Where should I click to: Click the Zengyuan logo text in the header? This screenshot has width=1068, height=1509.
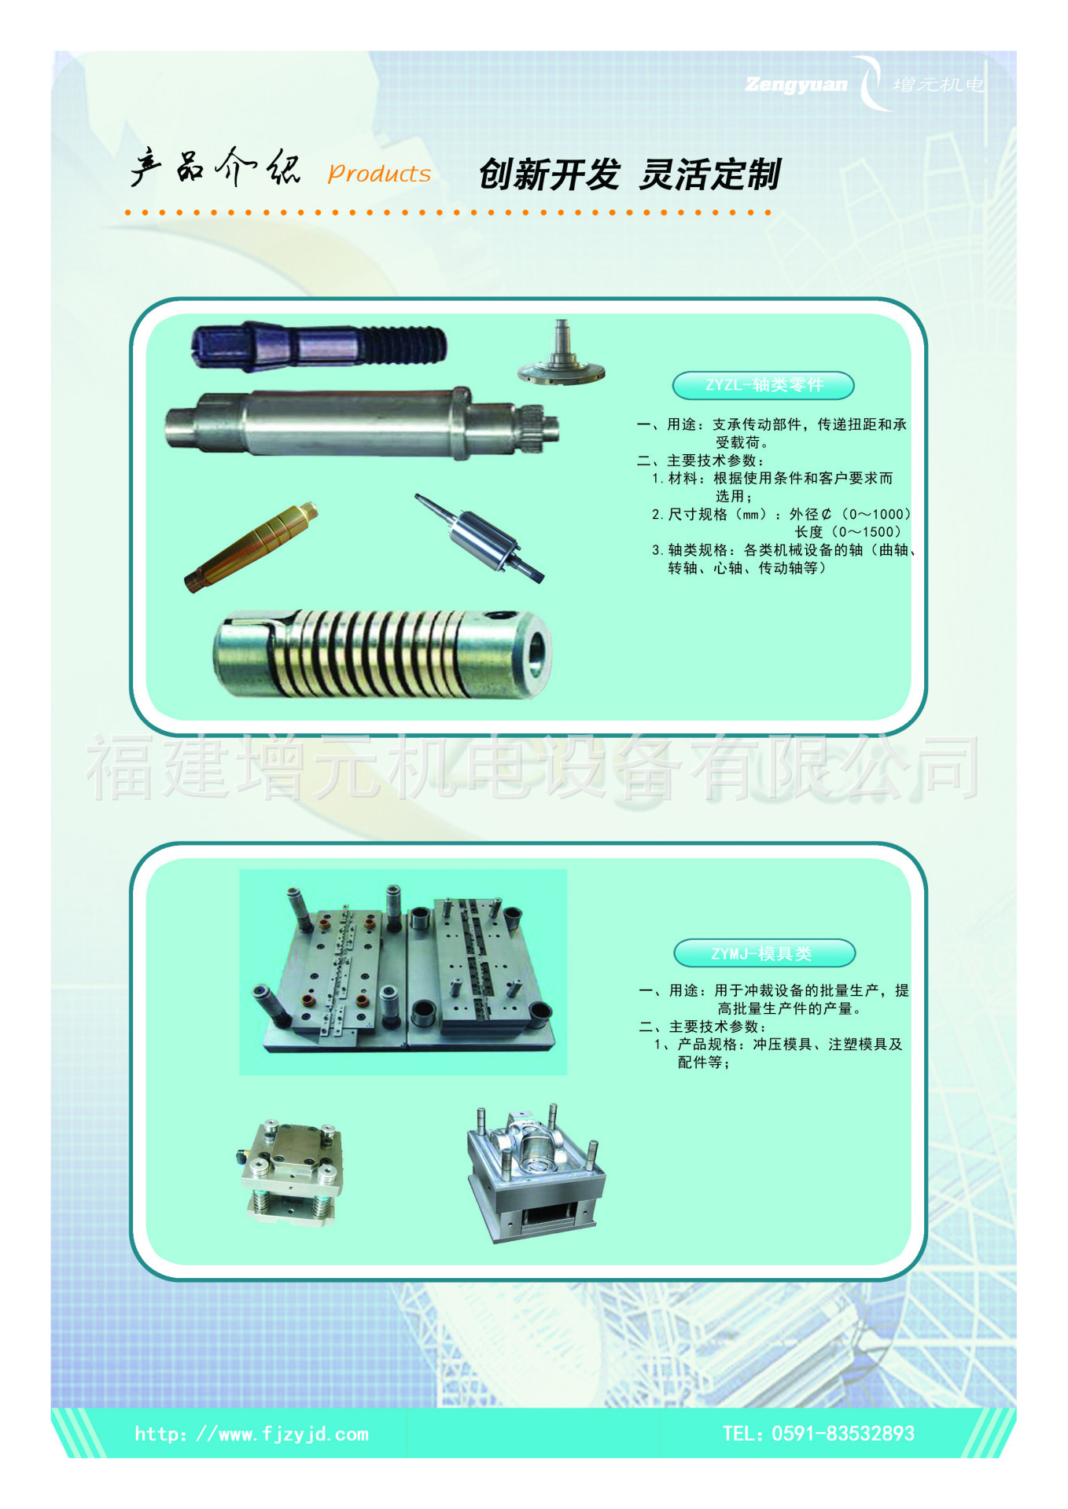[796, 85]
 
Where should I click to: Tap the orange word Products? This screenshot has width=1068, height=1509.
[379, 174]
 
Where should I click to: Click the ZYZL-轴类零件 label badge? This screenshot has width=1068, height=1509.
[763, 385]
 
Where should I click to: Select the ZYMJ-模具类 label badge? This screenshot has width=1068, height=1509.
[764, 953]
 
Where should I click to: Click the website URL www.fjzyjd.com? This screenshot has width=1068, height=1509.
[252, 1434]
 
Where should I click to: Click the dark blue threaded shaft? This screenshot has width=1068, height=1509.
[319, 346]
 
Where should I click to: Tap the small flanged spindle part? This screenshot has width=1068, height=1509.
[561, 354]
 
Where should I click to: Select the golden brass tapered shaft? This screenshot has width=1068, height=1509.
[252, 546]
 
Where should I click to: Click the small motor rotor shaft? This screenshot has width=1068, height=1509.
[480, 538]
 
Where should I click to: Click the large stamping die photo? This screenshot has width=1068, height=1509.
[403, 972]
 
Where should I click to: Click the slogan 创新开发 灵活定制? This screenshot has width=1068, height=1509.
[629, 174]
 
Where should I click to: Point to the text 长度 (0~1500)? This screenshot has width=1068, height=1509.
[847, 532]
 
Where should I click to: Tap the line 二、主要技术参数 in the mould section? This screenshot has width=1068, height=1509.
[702, 1026]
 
